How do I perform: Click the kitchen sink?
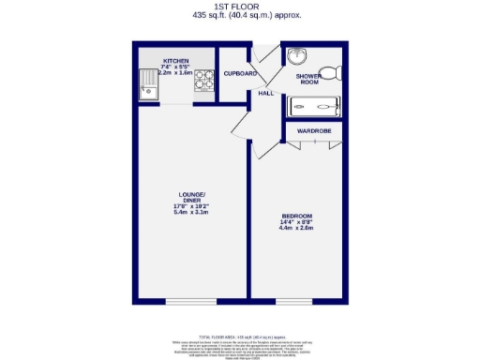pos(151,86)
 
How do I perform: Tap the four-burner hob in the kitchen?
pos(203,83)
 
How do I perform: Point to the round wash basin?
pos(297,55)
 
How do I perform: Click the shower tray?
pos(315,106)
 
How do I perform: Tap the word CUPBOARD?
pos(240,73)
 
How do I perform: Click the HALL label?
pos(266,93)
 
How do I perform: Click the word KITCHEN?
pos(175,58)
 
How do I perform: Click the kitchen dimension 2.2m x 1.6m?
pos(174,72)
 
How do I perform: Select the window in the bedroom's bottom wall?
pos(293,301)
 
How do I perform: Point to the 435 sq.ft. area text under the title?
pos(240,16)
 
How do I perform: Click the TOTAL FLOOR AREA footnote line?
pos(240,336)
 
